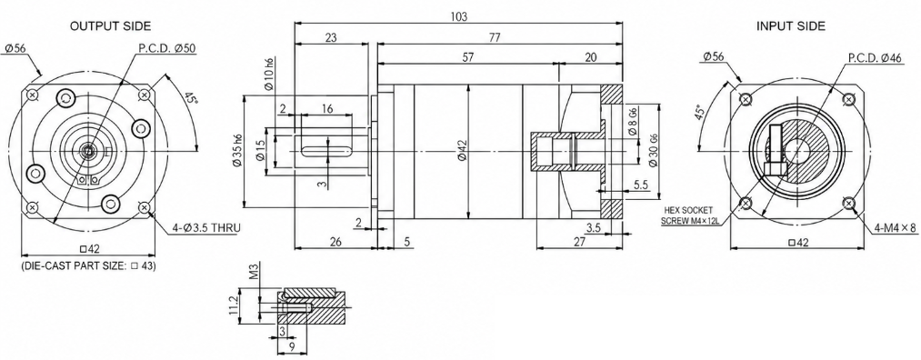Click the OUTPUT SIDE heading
pyautogui.click(x=110, y=25)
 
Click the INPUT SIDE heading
pyautogui.click(x=791, y=25)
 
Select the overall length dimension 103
pyautogui.click(x=459, y=17)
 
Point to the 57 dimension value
pyautogui.click(x=467, y=57)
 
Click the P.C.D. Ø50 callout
pyautogui.click(x=166, y=48)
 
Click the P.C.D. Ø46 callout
pyautogui.click(x=875, y=57)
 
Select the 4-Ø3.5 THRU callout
pyautogui.click(x=206, y=228)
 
